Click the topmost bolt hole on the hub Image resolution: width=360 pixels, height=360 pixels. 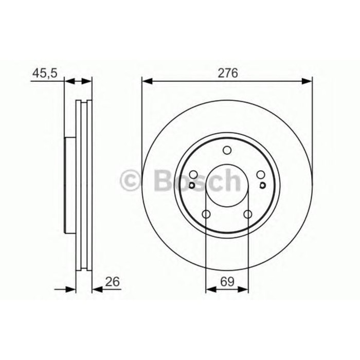[227, 151]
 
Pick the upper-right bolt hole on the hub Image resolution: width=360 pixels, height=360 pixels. [260, 175]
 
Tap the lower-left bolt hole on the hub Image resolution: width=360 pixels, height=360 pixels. [206, 214]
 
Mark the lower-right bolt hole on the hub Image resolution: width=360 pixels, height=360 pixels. [247, 214]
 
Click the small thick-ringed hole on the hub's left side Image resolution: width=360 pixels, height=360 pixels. [191, 186]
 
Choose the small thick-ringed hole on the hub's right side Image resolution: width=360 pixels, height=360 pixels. [262, 186]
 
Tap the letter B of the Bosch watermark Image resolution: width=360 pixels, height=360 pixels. [161, 180]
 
